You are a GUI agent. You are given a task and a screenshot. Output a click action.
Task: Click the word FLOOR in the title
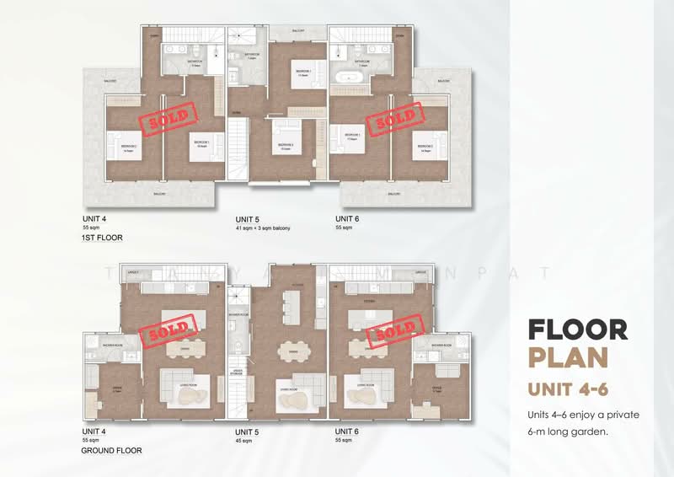(x=577, y=329)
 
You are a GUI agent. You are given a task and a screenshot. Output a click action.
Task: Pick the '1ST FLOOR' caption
(x=99, y=238)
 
